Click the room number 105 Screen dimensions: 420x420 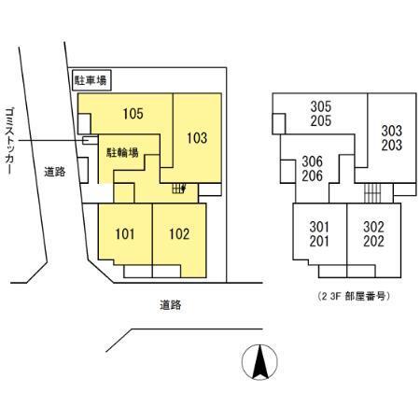[133, 114]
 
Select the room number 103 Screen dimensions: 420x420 [197, 138]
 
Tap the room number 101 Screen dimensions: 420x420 [125, 234]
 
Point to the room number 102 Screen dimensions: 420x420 [179, 234]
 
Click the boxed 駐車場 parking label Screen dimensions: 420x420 [91, 80]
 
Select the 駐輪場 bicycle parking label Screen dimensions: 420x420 [122, 153]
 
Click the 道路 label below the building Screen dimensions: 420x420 [171, 305]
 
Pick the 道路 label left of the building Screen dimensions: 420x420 [55, 172]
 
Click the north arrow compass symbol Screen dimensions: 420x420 [259, 362]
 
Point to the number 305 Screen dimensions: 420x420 [321, 106]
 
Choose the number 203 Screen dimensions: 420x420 [392, 145]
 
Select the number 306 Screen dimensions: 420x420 [313, 161]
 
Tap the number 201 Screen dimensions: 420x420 [319, 242]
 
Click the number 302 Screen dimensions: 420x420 [373, 227]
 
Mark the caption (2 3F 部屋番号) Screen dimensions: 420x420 [354, 296]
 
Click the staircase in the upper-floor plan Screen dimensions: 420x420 [372, 193]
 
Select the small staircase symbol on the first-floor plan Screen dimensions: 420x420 [179, 189]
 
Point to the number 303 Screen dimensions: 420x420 [392, 131]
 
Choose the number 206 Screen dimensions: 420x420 [313, 175]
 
